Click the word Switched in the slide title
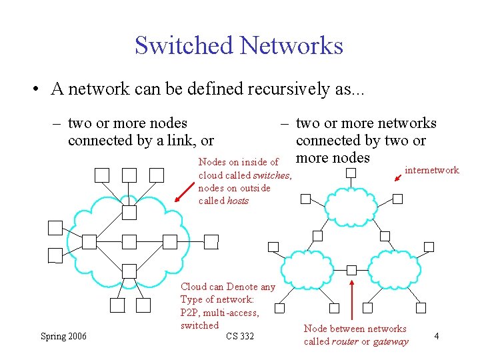click(183, 45)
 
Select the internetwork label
click(432, 170)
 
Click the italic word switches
click(271, 175)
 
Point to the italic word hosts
click(237, 201)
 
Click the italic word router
click(345, 341)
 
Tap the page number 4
click(436, 336)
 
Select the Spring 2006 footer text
click(63, 336)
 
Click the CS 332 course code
click(240, 336)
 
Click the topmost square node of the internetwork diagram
click(351, 173)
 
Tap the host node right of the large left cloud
click(211, 241)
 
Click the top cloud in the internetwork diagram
click(351, 207)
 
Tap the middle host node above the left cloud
click(129, 175)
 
